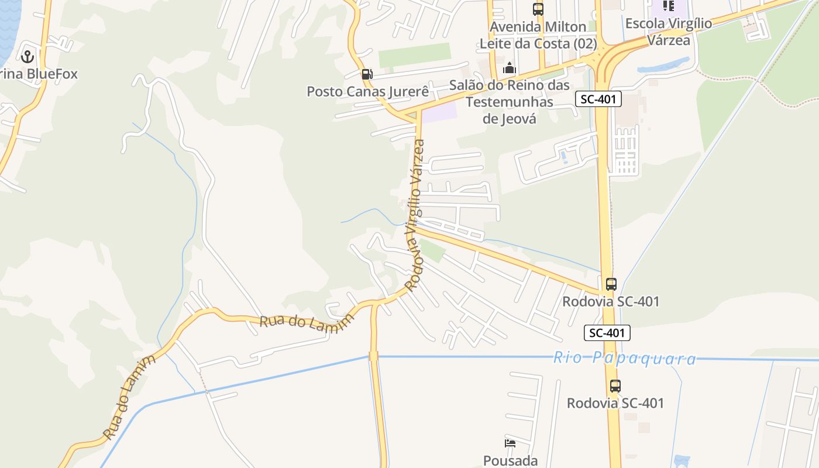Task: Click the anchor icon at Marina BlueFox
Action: tap(26, 57)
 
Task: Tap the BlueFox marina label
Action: tap(39, 74)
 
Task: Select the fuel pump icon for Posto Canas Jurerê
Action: tap(367, 74)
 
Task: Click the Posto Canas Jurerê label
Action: tap(367, 92)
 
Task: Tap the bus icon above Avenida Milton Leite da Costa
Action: tap(538, 9)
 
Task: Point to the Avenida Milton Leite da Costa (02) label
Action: tap(538, 35)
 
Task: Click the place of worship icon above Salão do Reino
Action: tap(509, 68)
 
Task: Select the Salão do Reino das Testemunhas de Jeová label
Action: tap(509, 102)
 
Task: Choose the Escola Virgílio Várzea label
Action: tap(669, 32)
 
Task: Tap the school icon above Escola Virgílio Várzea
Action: tap(669, 6)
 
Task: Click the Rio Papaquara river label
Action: tap(624, 358)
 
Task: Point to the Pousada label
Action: tap(510, 460)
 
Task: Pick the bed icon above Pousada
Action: tap(510, 443)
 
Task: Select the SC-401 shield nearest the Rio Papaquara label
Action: tap(607, 333)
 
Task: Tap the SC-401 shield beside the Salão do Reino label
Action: tap(598, 99)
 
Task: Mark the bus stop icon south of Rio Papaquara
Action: tap(615, 386)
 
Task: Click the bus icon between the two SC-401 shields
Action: tap(611, 284)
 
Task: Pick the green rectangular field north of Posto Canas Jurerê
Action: tap(414, 55)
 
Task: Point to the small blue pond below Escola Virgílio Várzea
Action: tap(664, 65)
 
